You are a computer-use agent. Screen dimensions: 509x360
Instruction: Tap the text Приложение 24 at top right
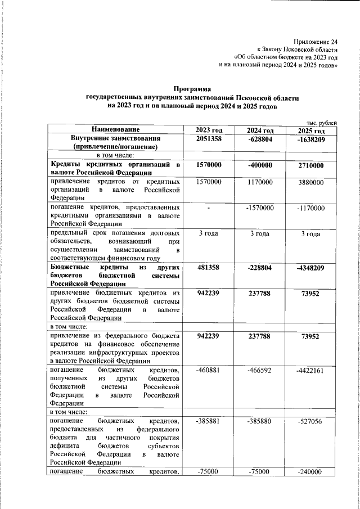316,42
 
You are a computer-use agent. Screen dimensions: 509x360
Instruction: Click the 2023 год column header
208,130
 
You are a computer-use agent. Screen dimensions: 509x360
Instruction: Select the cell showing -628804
260,139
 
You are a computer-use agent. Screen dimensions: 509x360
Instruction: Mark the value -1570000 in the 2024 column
260,208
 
